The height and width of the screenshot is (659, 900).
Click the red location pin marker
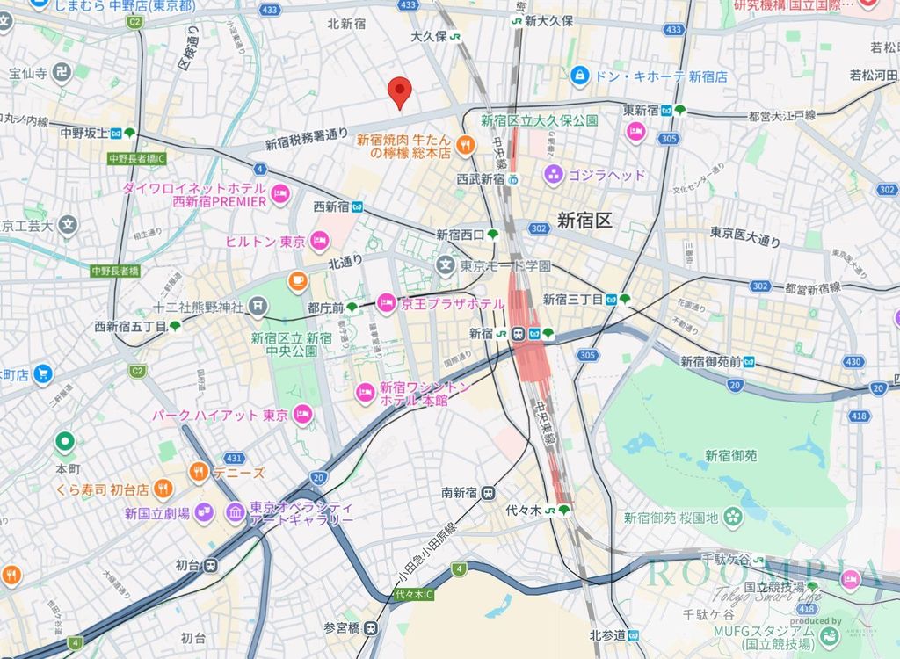pyautogui.click(x=400, y=91)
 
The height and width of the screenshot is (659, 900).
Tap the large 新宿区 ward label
pyautogui.click(x=584, y=221)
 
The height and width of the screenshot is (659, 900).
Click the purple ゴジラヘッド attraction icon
pyautogui.click(x=553, y=175)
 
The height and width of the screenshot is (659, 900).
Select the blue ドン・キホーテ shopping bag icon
pyautogui.click(x=580, y=76)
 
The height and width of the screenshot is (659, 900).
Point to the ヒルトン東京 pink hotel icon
pyautogui.click(x=320, y=240)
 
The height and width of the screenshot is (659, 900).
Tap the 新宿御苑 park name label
pyautogui.click(x=730, y=455)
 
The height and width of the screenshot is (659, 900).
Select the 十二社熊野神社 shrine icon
pyautogui.click(x=257, y=305)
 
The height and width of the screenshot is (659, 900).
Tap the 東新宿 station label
pyautogui.click(x=641, y=110)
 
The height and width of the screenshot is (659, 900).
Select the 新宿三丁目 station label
pyautogui.click(x=573, y=299)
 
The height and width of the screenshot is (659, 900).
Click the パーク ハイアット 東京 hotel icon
pyautogui.click(x=302, y=414)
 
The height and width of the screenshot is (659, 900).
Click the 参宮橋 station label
pyautogui.click(x=342, y=627)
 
